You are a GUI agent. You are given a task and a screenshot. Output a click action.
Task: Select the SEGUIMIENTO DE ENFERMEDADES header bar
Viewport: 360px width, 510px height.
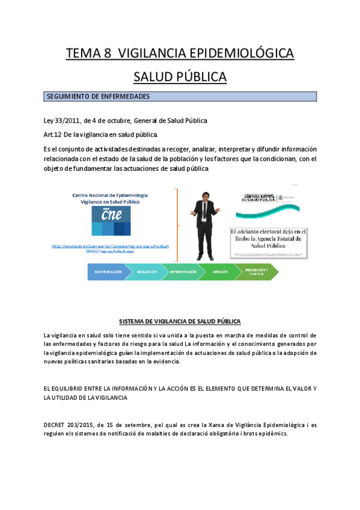[x=180, y=97]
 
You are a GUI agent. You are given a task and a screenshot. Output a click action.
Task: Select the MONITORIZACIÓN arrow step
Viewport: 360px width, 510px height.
[x=108, y=272]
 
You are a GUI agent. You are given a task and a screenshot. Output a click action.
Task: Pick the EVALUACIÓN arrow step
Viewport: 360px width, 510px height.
[x=147, y=272]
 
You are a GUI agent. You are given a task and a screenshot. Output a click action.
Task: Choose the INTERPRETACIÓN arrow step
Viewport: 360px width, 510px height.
[x=183, y=272]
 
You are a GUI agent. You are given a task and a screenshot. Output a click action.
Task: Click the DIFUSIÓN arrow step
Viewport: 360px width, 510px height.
[x=220, y=272]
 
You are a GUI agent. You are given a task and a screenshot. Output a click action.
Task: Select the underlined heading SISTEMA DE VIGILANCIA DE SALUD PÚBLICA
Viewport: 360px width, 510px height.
[x=180, y=321]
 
